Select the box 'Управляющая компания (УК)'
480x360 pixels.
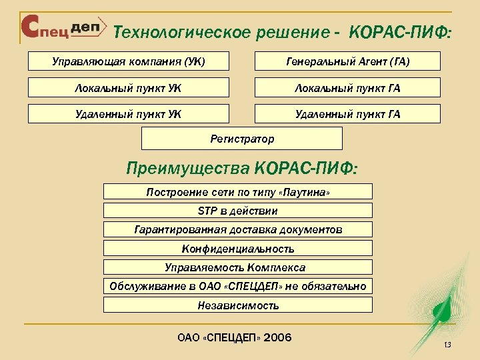[128, 62]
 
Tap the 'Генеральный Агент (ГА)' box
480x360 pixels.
[347, 62]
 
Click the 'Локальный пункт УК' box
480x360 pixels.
[128, 88]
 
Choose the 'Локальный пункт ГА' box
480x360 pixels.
[347, 88]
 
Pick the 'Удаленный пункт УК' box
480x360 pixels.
[128, 114]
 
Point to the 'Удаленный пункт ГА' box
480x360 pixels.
[347, 114]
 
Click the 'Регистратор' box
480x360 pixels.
[242, 139]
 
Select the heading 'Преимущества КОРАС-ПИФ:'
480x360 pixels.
[241, 168]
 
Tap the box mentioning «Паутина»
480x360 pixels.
[238, 192]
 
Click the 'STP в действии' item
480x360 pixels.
[238, 211]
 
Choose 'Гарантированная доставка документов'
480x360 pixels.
[238, 229]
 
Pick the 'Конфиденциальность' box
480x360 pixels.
[238, 249]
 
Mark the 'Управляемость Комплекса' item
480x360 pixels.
[238, 267]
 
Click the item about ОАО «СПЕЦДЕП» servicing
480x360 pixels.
[238, 287]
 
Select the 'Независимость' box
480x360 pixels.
[238, 305]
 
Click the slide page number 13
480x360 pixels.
[447, 345]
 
